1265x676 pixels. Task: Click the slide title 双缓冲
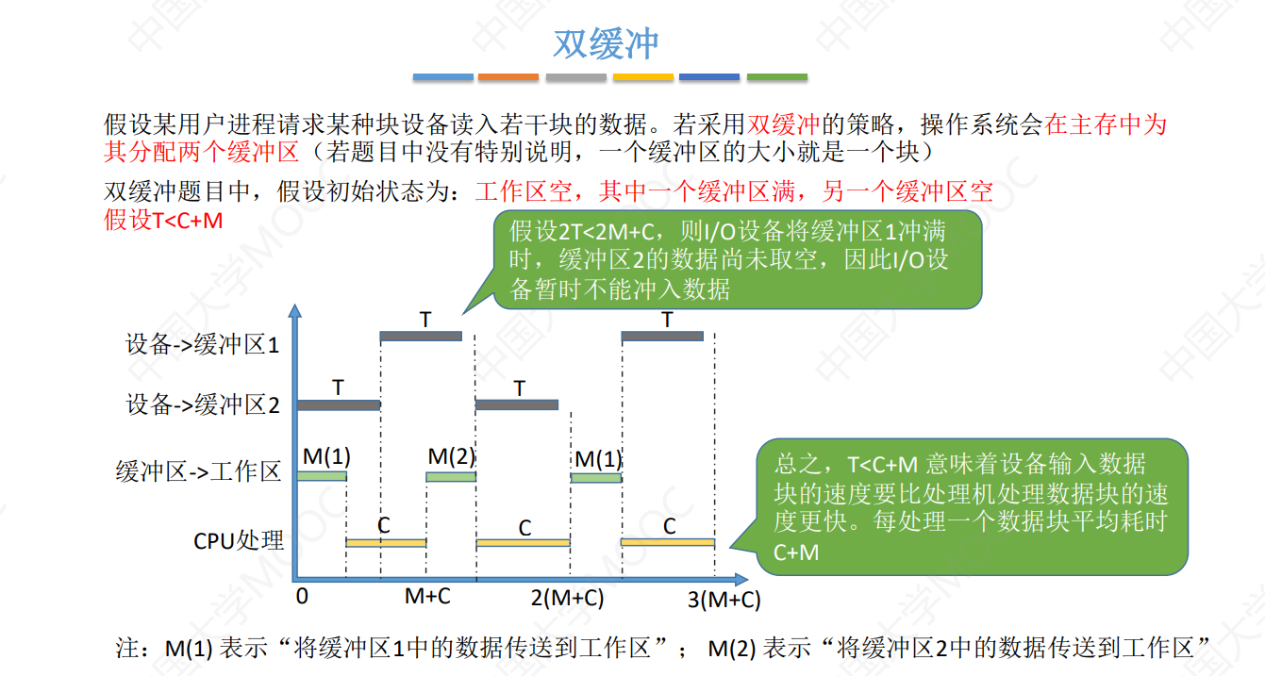(x=605, y=43)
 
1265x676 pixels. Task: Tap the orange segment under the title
(x=508, y=77)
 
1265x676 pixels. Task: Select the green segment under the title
(x=776, y=77)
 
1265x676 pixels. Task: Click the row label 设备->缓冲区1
(x=203, y=345)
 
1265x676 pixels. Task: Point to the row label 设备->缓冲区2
(x=203, y=405)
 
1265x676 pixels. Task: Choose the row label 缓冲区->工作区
(x=198, y=471)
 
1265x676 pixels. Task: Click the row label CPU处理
(x=239, y=540)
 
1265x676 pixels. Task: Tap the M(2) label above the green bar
(x=451, y=457)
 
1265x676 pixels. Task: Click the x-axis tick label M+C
(x=427, y=597)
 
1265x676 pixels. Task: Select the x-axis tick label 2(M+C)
(x=567, y=598)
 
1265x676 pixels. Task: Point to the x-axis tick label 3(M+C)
(x=724, y=600)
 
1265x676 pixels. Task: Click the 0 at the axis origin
(x=302, y=597)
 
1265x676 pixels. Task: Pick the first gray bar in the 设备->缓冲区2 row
(x=339, y=405)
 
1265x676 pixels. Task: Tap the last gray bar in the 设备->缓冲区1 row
(x=662, y=336)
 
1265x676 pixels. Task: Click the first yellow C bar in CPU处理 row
(x=386, y=543)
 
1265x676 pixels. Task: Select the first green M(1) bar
(x=322, y=476)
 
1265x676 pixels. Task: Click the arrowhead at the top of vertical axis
(x=296, y=311)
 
